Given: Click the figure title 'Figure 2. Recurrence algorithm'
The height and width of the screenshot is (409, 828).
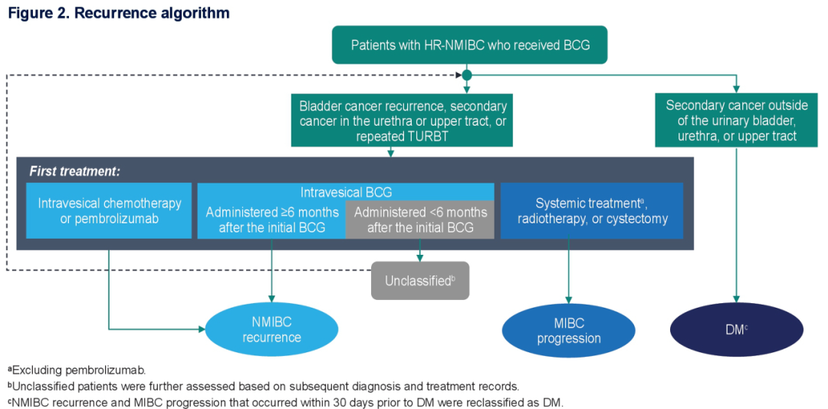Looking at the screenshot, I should tap(119, 13).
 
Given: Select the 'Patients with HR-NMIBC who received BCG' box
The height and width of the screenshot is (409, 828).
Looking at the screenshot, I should tap(470, 45).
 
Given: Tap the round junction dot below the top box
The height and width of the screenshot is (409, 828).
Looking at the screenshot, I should tap(467, 75).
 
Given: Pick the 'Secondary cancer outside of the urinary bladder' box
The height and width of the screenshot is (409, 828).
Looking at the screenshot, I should tap(736, 120).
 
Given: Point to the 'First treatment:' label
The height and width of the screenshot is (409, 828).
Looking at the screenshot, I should tap(75, 170).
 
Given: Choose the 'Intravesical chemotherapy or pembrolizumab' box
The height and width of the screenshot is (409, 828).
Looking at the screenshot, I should tap(109, 211).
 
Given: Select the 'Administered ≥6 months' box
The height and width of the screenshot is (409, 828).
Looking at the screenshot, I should tap(271, 220).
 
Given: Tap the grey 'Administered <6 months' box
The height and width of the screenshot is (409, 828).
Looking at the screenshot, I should tap(420, 220).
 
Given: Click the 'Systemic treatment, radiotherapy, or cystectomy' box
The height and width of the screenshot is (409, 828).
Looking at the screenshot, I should tap(591, 211).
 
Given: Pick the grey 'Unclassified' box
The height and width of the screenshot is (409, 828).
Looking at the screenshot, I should tap(420, 281).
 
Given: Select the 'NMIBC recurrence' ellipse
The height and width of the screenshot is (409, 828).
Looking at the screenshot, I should tap(271, 330).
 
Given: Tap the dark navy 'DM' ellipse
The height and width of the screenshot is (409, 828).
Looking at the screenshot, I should tap(736, 330).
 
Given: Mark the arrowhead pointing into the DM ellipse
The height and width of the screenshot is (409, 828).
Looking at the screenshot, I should tap(737, 299).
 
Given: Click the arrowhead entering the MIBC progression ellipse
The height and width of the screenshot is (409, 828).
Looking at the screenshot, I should tap(569, 301).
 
